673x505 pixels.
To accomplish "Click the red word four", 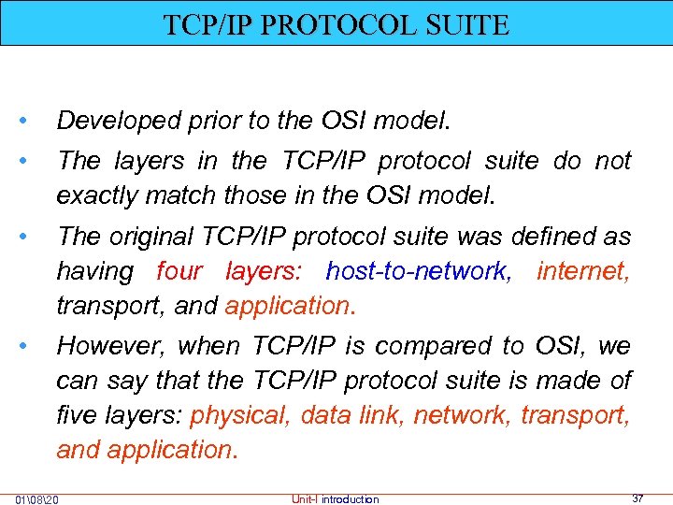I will click(179, 271).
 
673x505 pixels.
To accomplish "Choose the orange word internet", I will click(583, 271).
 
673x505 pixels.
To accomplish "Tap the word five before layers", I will click(78, 414).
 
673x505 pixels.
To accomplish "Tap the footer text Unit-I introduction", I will click(336, 499).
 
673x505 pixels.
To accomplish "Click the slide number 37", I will click(637, 498).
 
